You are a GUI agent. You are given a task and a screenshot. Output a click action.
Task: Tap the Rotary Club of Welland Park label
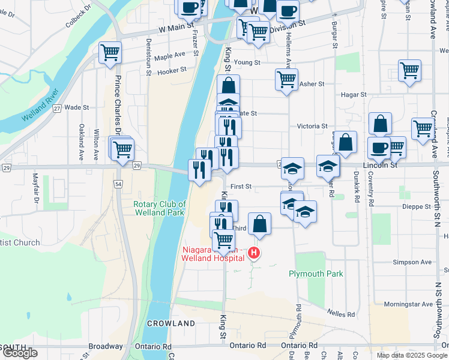point(159,208)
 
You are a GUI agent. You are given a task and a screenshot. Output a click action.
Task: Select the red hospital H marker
point(254,254)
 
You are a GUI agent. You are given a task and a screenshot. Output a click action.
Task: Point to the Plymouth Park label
point(316,274)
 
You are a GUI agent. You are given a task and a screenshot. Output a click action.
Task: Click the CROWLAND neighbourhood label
point(171,323)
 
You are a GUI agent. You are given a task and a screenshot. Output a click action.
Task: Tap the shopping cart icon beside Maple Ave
point(110,54)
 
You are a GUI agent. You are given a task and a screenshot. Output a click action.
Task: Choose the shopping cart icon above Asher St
point(286,79)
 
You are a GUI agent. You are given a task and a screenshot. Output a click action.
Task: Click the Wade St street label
point(76,107)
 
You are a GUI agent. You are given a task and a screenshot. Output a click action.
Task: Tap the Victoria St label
point(312,127)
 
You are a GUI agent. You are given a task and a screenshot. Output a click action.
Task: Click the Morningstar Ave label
point(409,304)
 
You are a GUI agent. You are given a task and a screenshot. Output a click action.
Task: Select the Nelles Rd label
point(341,314)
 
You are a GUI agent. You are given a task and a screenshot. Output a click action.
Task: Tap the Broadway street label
point(106,346)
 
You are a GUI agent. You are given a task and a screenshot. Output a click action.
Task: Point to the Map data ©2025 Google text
point(411,355)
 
